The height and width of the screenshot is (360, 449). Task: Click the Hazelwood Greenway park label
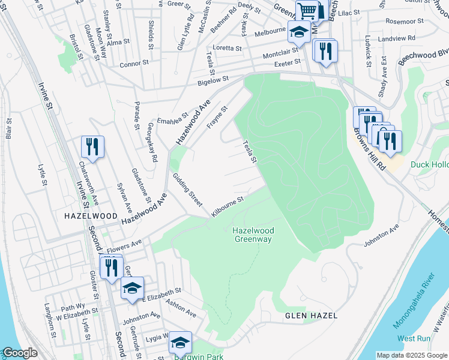[x=252, y=235]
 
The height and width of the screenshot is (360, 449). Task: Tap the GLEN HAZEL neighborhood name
[x=311, y=316]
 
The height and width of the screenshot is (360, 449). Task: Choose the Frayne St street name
[x=217, y=118]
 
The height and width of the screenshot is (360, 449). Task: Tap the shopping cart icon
[x=307, y=10]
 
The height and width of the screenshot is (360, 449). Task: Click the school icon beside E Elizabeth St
[x=132, y=288]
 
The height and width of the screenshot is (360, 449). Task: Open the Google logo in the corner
[x=19, y=353]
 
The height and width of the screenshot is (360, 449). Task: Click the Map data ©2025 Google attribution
[x=412, y=355]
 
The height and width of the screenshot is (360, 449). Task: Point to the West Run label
[x=414, y=338]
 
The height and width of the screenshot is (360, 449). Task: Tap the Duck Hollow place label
[x=429, y=164]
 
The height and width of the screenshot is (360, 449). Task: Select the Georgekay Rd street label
[x=152, y=143]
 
